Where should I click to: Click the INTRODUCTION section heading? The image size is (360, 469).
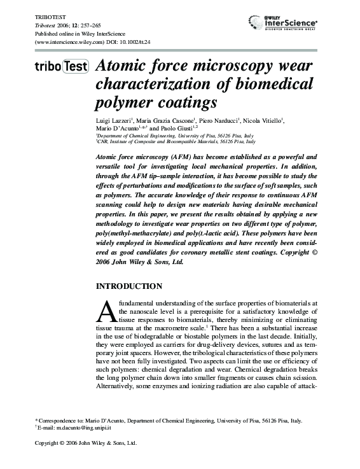(128, 286)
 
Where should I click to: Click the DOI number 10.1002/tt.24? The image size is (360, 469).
(130, 43)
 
